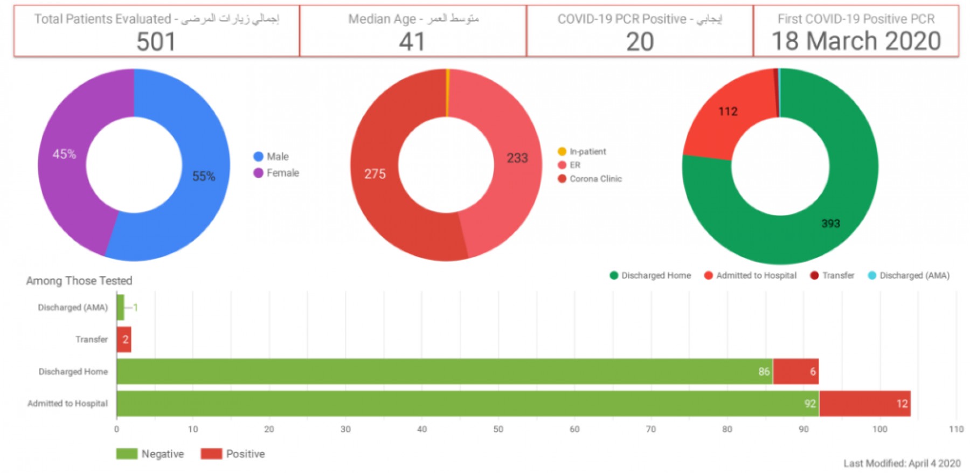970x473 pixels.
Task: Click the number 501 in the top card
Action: pyautogui.click(x=156, y=41)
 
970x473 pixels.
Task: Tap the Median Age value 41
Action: pyautogui.click(x=412, y=41)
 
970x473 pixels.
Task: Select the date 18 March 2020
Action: pyautogui.click(x=856, y=41)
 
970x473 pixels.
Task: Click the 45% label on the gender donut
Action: pyautogui.click(x=64, y=154)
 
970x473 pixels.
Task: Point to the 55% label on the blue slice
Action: pyautogui.click(x=204, y=176)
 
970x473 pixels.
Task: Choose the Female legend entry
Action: pyautogui.click(x=276, y=173)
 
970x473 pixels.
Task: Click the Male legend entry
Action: pyautogui.click(x=272, y=156)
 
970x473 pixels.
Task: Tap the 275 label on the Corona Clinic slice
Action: pyautogui.click(x=375, y=174)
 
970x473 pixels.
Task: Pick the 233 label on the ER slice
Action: pyautogui.click(x=517, y=158)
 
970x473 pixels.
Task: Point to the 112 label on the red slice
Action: pyautogui.click(x=727, y=112)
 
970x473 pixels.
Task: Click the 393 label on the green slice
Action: pyautogui.click(x=830, y=224)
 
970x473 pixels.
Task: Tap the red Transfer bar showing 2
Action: pyautogui.click(x=124, y=339)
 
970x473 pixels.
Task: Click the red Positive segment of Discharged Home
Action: pyautogui.click(x=795, y=371)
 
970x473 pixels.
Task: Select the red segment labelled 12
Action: pyautogui.click(x=864, y=404)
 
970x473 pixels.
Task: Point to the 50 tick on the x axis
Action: pyautogui.click(x=498, y=429)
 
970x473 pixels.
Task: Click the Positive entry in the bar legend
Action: pyautogui.click(x=233, y=454)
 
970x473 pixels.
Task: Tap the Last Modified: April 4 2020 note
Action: pyautogui.click(x=902, y=463)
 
